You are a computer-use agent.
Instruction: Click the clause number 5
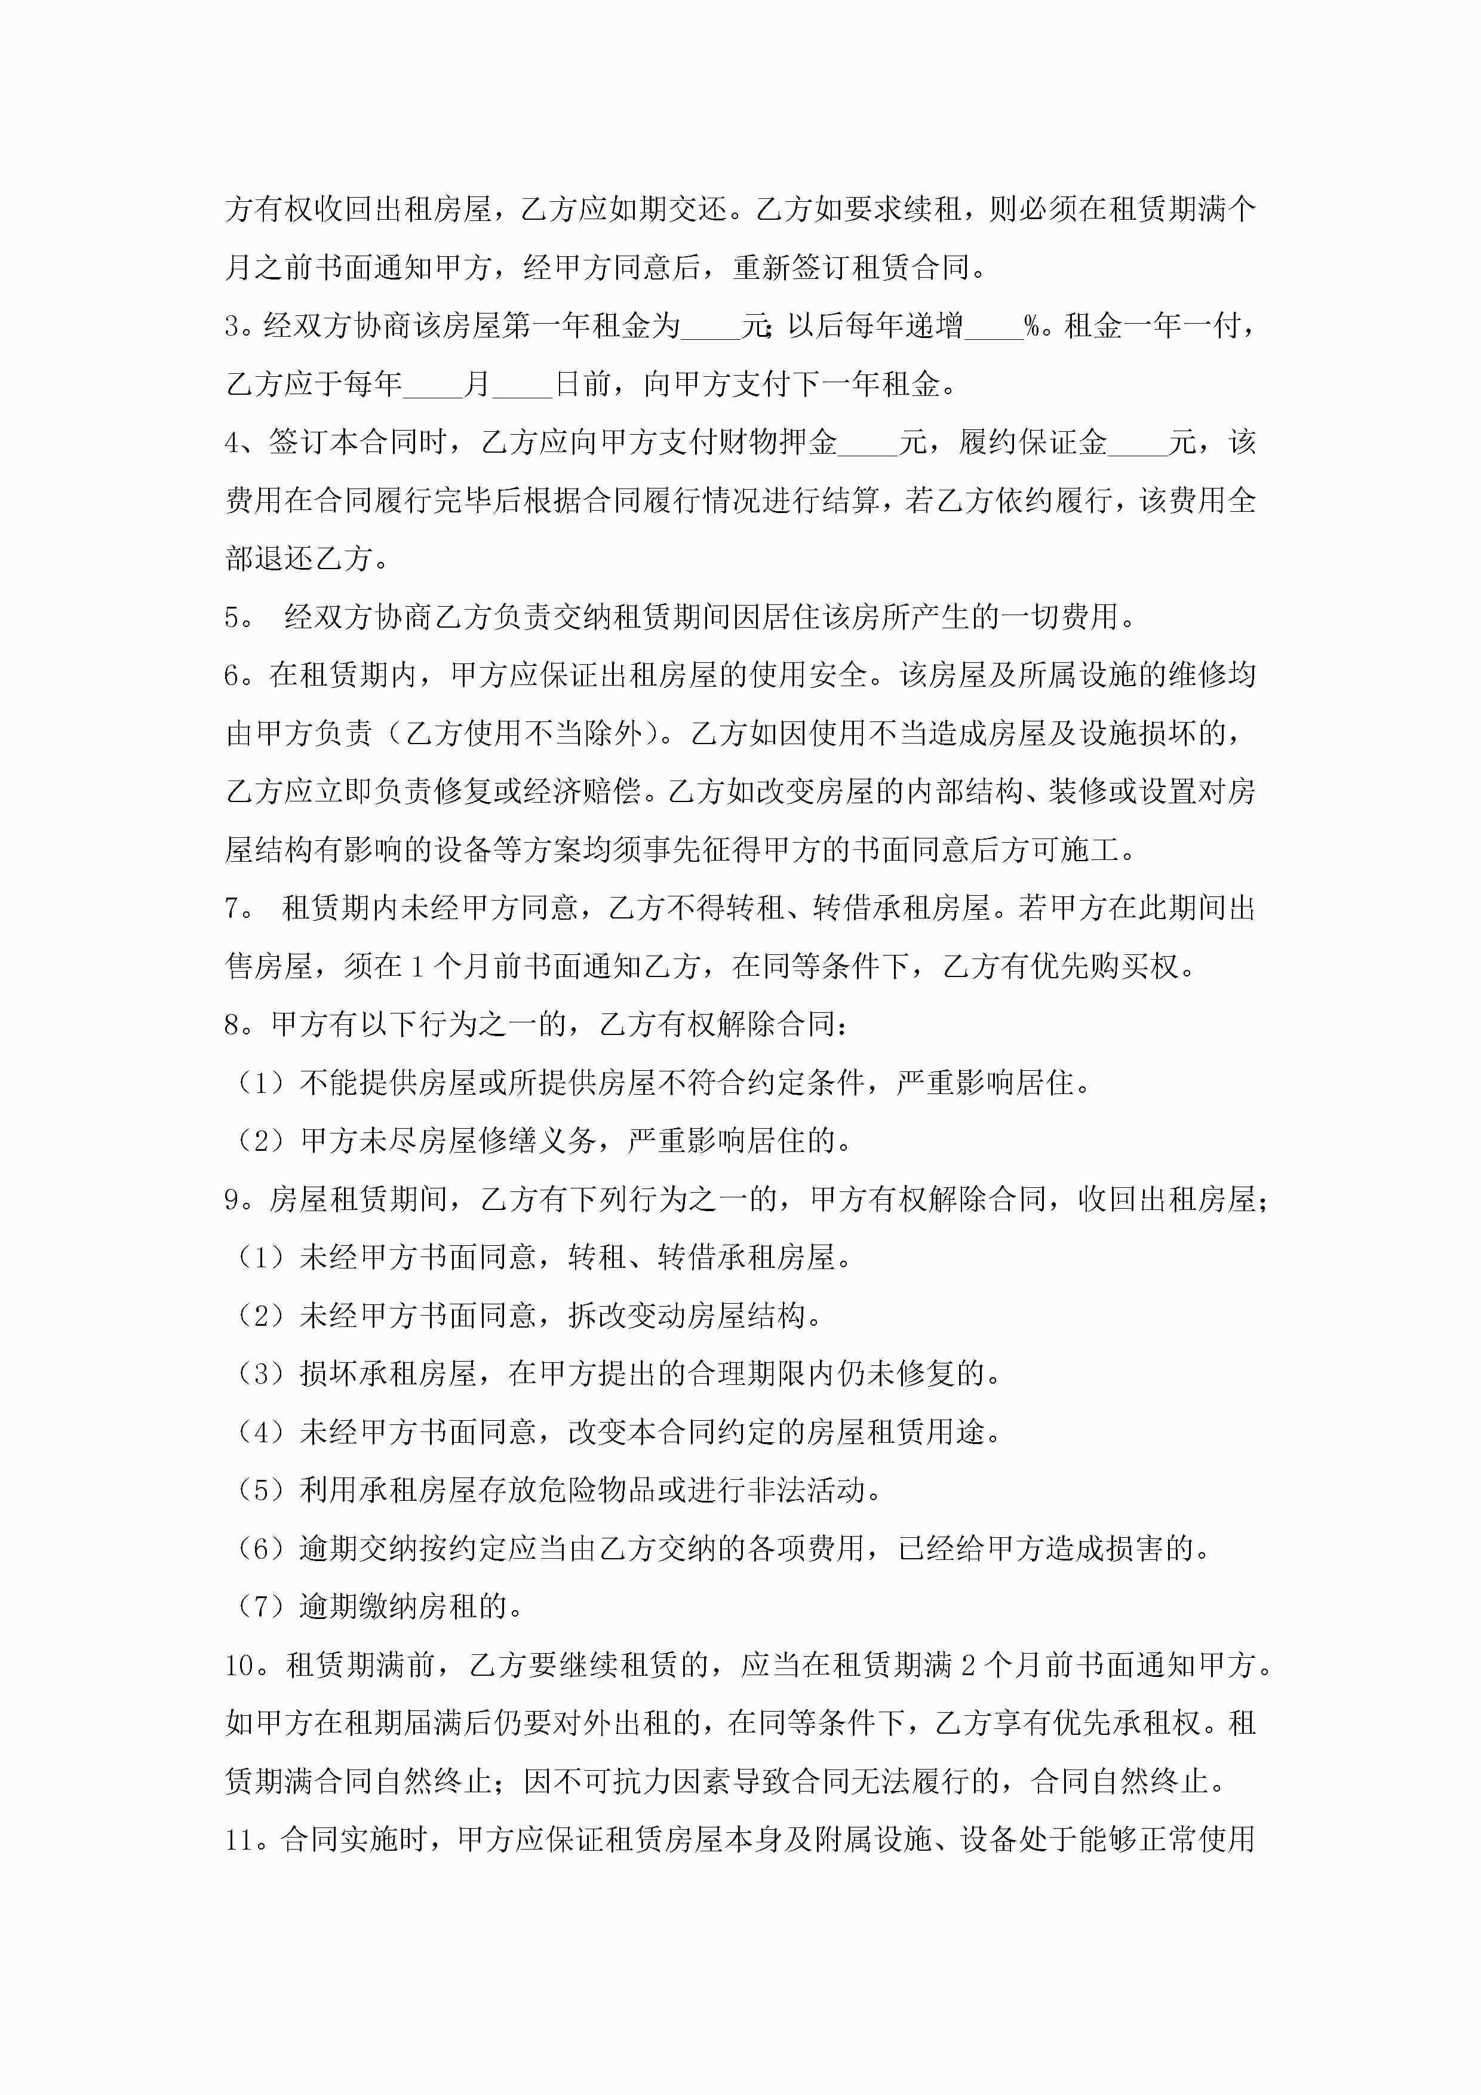[x=233, y=618]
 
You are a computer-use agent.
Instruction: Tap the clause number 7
[x=233, y=909]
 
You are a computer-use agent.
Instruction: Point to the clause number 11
[x=239, y=1839]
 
